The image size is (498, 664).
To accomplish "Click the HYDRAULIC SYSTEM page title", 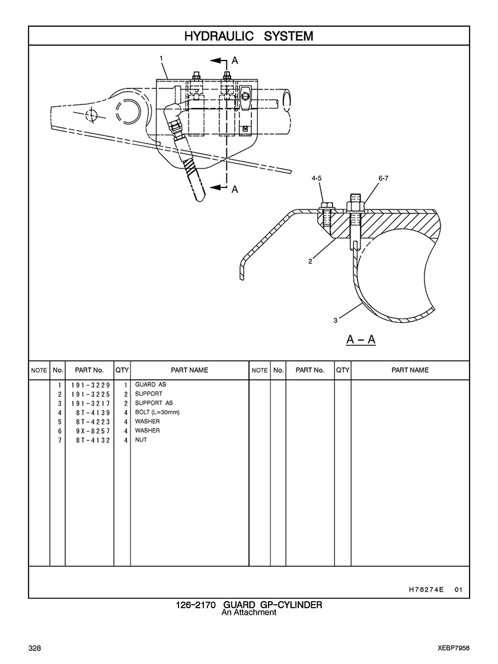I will click(x=248, y=36).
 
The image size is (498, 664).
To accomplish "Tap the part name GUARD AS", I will click(x=151, y=385).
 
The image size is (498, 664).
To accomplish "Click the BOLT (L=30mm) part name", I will click(x=157, y=412).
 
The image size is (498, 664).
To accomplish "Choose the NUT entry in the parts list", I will click(x=141, y=440).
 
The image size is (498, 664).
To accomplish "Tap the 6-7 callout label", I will click(x=383, y=177).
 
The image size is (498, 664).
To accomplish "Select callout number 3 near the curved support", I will click(x=336, y=320).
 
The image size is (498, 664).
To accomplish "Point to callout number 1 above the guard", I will click(x=161, y=58).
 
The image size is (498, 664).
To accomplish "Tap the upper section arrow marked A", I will click(x=235, y=61).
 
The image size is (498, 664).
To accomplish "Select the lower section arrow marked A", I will click(x=235, y=189).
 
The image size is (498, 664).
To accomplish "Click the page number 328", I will click(x=34, y=647).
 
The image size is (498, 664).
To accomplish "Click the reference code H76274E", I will click(x=426, y=590).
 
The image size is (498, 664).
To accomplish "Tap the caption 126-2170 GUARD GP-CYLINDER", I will click(x=249, y=605).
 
